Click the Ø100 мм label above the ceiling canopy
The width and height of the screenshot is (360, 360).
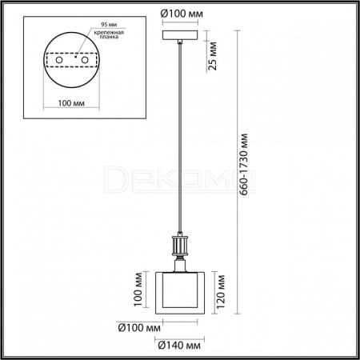tap(182, 14)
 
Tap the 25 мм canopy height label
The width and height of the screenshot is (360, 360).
tap(213, 56)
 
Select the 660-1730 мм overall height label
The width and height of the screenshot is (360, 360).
tap(244, 165)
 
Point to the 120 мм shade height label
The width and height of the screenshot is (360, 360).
tap(221, 292)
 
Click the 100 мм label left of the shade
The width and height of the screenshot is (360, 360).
tap(138, 290)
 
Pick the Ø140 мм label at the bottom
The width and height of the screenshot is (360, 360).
tap(179, 346)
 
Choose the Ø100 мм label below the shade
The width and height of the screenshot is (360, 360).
tap(139, 328)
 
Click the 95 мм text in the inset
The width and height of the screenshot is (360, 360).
tap(109, 25)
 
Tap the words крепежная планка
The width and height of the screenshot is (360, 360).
tap(109, 34)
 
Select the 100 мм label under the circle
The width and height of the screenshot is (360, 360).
tap(71, 103)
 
